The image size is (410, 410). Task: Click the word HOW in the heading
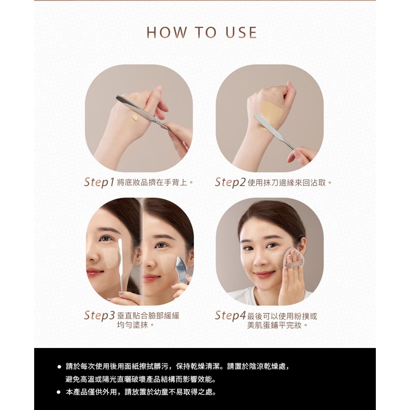pyautogui.click(x=167, y=33)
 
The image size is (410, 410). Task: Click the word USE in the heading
pyautogui.click(x=241, y=33)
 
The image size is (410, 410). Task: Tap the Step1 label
pyautogui.click(x=99, y=182)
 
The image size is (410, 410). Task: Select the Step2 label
pyautogui.click(x=230, y=182)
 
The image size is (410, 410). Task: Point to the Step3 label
pyautogui.click(x=99, y=315)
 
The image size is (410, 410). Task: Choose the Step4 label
pyautogui.click(x=230, y=315)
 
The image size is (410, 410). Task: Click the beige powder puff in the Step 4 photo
pyautogui.click(x=291, y=258)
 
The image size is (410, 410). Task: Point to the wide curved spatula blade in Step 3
pyautogui.click(x=182, y=269)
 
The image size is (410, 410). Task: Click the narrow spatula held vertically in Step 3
pyautogui.click(x=121, y=264)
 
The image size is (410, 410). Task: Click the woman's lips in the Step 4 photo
pyautogui.click(x=263, y=274)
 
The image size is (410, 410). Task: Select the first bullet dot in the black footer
pyautogui.click(x=59, y=367)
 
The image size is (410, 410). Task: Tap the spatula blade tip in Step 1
pyautogui.click(x=117, y=97)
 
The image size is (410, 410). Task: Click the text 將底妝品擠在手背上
pyautogui.click(x=152, y=182)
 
